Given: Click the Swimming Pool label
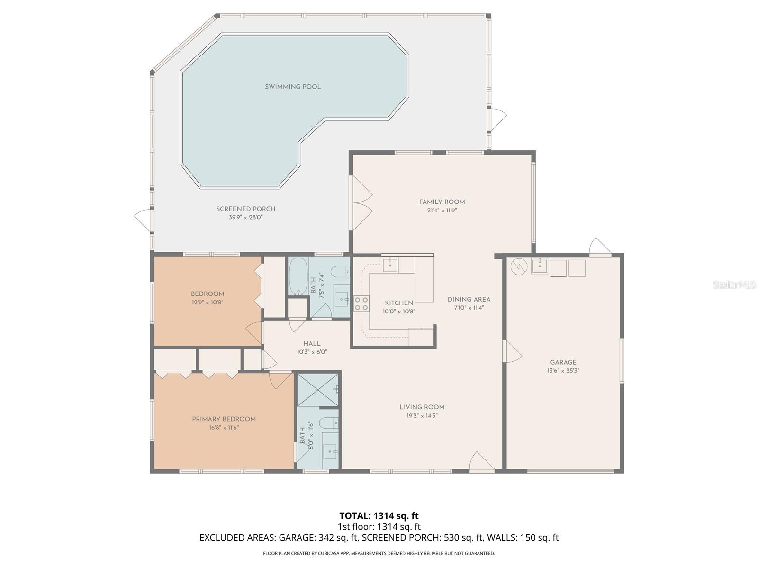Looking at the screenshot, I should (x=292, y=87).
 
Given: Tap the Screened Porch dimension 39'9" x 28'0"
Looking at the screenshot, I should (x=245, y=218).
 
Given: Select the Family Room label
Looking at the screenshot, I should (x=442, y=202).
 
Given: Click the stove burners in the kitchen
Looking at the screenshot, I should (x=361, y=303).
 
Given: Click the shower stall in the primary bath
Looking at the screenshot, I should (x=317, y=390).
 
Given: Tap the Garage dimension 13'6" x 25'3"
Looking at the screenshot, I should (x=563, y=371).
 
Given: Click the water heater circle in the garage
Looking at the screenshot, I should (x=519, y=266).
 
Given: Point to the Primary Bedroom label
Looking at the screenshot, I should (x=224, y=419).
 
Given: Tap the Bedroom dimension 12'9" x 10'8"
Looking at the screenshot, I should (x=208, y=302).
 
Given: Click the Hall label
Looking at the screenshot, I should (x=312, y=343).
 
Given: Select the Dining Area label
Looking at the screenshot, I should (x=469, y=299).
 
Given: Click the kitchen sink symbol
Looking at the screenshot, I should (x=390, y=264).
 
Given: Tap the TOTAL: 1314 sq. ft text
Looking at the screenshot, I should (x=379, y=515).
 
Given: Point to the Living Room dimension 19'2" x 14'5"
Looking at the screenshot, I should (x=422, y=416).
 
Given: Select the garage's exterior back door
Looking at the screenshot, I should (x=600, y=247).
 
